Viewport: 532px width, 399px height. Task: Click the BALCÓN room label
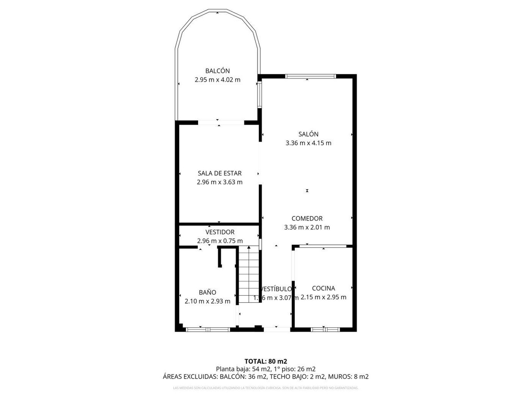[217, 71]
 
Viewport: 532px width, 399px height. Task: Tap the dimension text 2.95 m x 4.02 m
[217, 80]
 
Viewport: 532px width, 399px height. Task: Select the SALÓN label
[308, 134]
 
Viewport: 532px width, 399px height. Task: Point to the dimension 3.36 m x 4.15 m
[308, 143]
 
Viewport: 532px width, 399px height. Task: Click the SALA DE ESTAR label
[219, 173]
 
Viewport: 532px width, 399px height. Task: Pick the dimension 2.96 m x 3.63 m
[219, 182]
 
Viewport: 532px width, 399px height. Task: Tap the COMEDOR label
[307, 219]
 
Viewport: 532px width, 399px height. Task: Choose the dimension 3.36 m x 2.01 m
[307, 227]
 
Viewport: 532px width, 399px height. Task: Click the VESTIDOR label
[219, 232]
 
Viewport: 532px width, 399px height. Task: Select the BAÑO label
[207, 293]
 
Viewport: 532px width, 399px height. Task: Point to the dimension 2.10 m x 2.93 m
[207, 301]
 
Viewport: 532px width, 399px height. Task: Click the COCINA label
[323, 288]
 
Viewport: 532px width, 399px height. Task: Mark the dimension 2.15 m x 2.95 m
[323, 297]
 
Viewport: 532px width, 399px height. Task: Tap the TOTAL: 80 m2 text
[266, 361]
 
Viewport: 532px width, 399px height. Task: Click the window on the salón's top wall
[310, 76]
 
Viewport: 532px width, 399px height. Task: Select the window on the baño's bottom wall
[207, 329]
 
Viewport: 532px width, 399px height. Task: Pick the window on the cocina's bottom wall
[325, 329]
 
